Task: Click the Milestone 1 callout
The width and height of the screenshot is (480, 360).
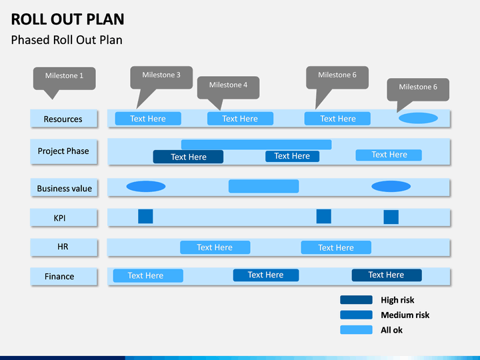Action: click(64, 79)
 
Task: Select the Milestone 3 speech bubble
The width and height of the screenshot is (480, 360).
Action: click(161, 78)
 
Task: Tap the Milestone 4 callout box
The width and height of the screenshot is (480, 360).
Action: click(229, 87)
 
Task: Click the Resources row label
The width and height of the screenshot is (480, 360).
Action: click(64, 119)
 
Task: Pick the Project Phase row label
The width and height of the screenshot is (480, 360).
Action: click(64, 151)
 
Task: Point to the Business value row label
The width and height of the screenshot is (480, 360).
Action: click(64, 187)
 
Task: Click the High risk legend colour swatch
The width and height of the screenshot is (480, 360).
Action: click(356, 300)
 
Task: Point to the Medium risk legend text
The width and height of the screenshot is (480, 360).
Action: click(405, 315)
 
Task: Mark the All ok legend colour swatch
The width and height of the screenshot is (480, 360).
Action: click(356, 330)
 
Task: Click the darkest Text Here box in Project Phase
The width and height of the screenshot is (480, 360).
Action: click(188, 157)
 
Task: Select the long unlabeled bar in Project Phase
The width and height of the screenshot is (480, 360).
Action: click(256, 145)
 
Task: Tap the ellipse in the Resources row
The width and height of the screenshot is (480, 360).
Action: click(418, 118)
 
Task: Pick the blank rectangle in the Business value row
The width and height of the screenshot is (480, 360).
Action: click(263, 186)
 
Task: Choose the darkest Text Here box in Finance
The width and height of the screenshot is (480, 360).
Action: click(387, 275)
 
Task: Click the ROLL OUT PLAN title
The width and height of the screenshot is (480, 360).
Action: click(67, 19)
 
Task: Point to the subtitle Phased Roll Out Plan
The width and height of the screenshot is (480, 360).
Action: click(67, 40)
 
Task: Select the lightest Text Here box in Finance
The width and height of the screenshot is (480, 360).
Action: click(148, 275)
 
